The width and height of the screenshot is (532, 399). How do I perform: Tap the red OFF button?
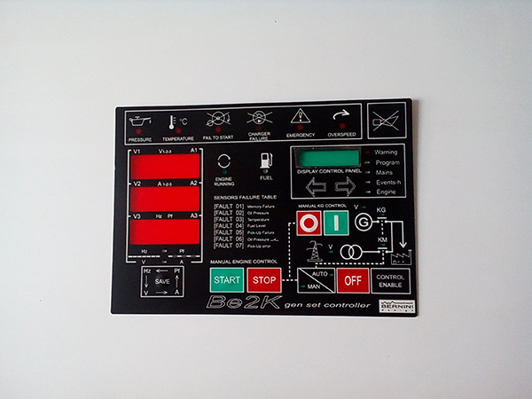pos(352,280)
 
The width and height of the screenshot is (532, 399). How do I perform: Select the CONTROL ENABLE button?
pos(390,280)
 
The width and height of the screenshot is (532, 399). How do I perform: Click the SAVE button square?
pos(162,281)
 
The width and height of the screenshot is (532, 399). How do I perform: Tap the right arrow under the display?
pos(344,187)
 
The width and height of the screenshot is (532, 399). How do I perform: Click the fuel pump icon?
pos(265,161)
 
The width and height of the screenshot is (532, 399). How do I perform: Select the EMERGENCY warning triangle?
pos(301,118)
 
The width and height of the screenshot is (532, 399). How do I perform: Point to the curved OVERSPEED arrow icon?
pos(340,117)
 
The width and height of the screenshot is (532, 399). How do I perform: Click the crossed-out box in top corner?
pos(387,119)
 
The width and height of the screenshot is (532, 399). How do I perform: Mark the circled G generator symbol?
pos(363,223)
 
